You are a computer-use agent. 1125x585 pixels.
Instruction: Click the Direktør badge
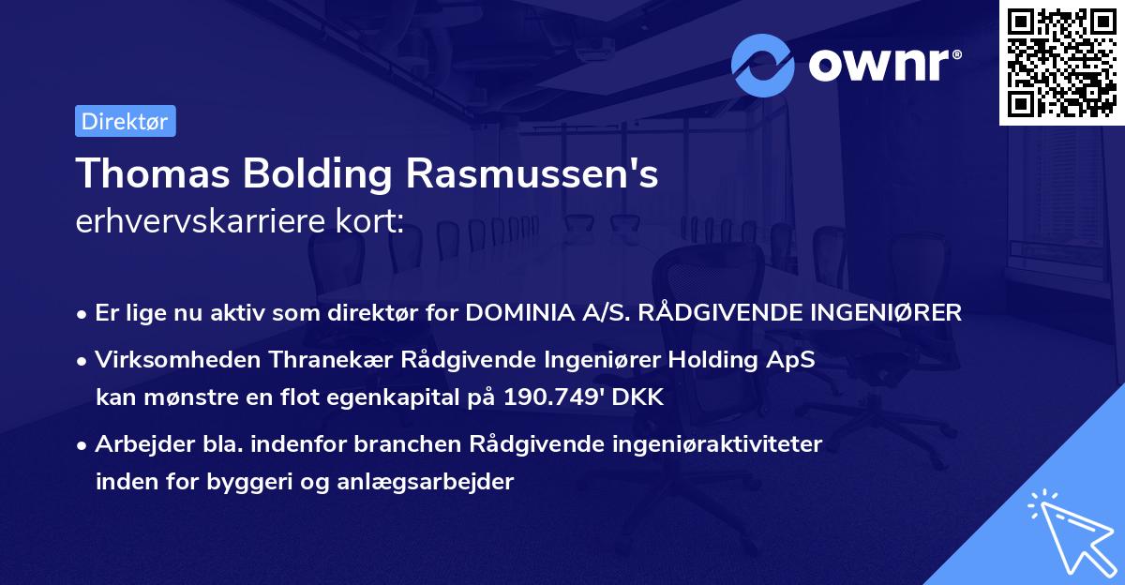(125, 121)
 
